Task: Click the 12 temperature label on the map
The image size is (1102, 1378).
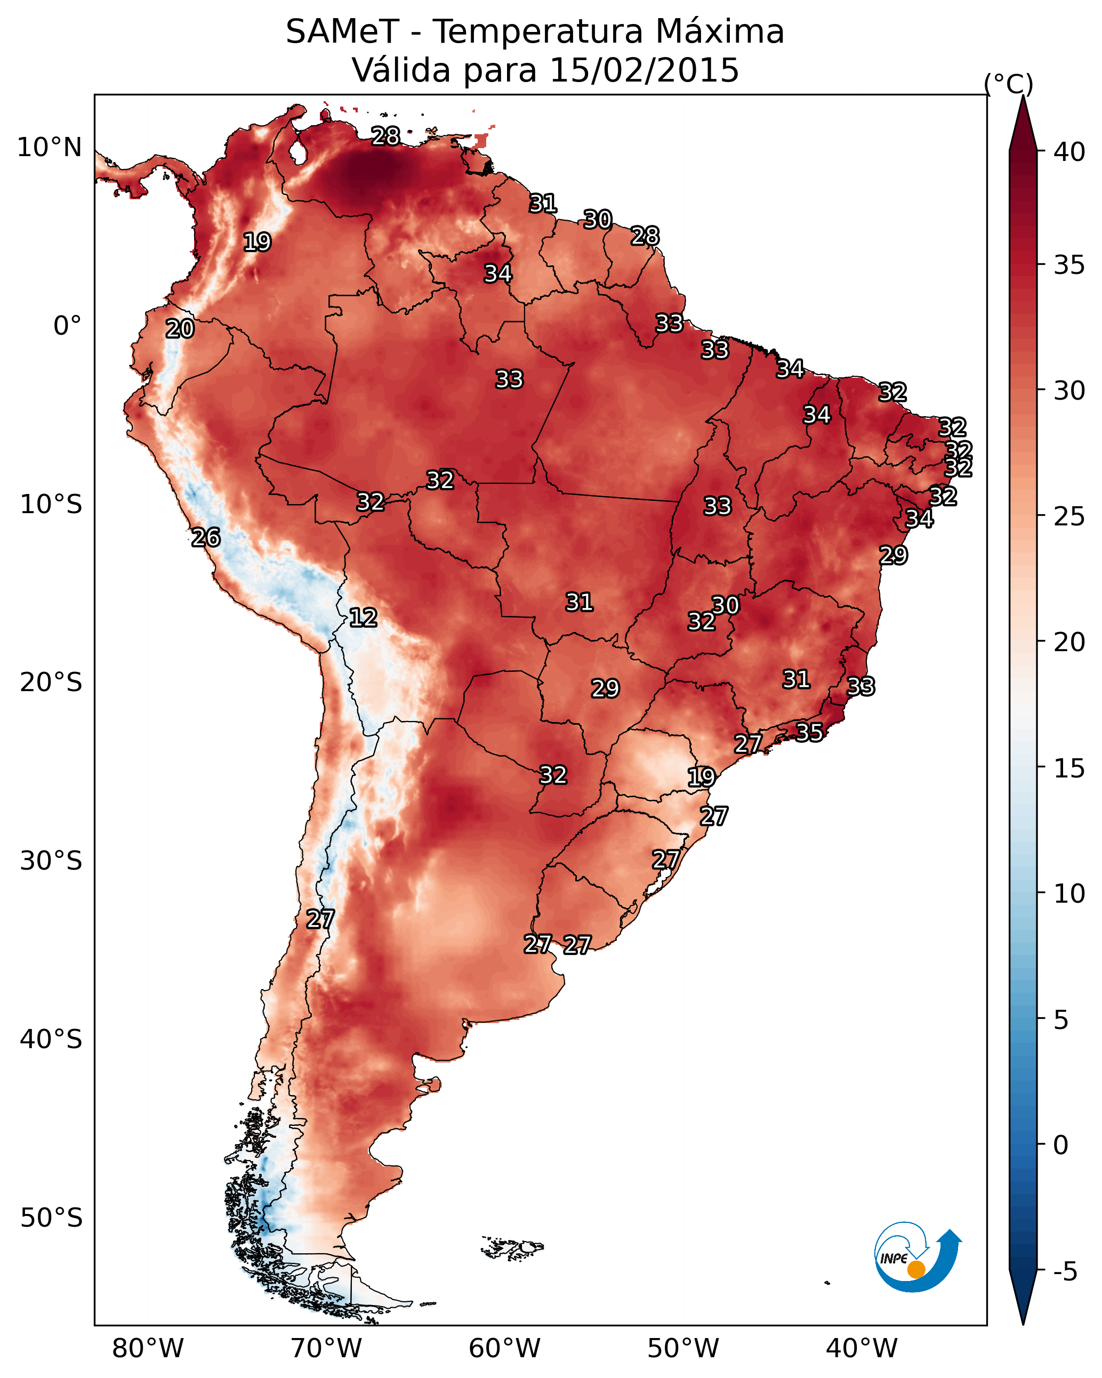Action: [x=363, y=618]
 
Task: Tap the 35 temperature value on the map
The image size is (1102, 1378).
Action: [x=809, y=732]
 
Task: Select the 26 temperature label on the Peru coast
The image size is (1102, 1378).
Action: [x=206, y=538]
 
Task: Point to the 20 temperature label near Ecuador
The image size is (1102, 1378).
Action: [x=180, y=329]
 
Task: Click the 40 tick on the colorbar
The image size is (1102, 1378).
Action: [x=1069, y=152]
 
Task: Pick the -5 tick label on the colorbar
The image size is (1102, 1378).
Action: [x=1065, y=1272]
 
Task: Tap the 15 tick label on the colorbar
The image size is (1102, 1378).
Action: [x=1069, y=768]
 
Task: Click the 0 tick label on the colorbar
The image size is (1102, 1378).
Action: [x=1061, y=1145]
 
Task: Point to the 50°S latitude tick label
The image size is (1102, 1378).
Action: [x=51, y=1218]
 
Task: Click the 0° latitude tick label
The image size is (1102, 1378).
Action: [x=67, y=326]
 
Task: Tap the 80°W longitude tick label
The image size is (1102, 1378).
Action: [x=148, y=1349]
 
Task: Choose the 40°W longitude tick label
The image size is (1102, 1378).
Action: [x=862, y=1349]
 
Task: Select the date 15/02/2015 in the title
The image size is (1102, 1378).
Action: [x=644, y=70]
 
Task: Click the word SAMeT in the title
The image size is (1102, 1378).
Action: [x=342, y=32]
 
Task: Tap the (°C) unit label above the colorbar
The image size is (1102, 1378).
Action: [x=1008, y=84]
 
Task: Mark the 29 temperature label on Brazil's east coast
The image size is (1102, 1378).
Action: [x=893, y=555]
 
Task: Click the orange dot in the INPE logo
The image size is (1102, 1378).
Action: [x=916, y=1269]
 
